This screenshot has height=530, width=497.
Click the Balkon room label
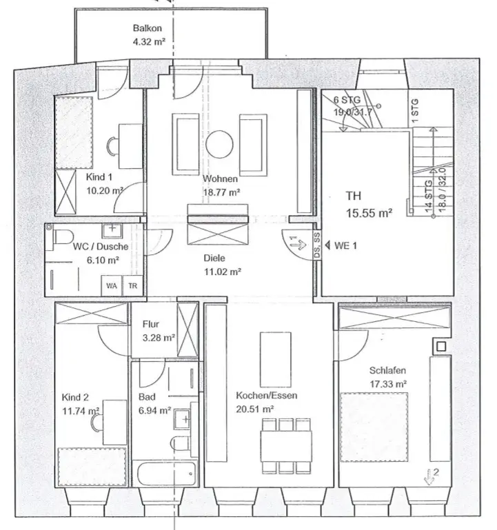(147, 28)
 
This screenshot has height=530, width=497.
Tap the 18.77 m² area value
(221, 192)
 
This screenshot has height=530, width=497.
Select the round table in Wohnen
(221, 143)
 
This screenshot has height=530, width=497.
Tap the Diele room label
(214, 258)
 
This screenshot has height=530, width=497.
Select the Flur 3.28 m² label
(158, 330)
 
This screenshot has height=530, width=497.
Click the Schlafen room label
(386, 370)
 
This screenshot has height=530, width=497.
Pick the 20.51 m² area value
(256, 408)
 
